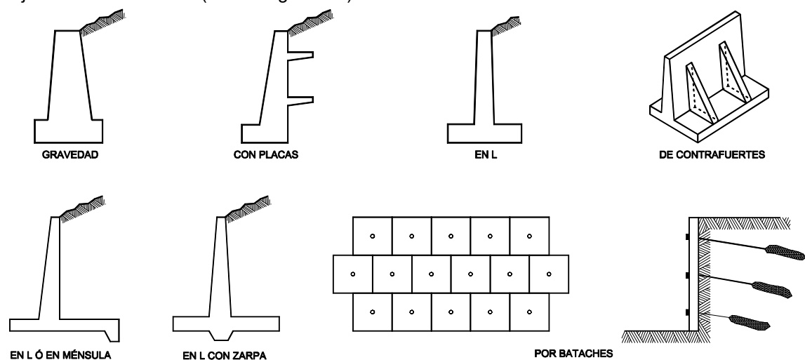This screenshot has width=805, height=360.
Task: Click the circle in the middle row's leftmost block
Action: pos(352,273)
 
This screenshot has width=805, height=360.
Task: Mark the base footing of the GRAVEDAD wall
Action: pos(69,130)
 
